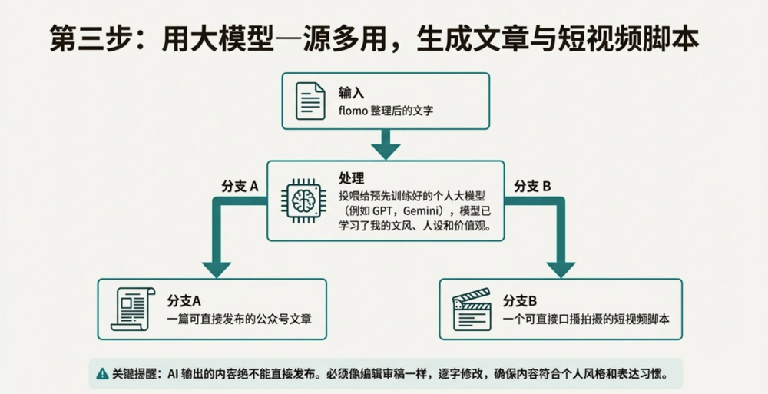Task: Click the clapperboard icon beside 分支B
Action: coord(472,309)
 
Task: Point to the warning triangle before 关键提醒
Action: coord(102,374)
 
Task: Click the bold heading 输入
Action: coord(351,93)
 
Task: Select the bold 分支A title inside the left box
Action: coord(184,300)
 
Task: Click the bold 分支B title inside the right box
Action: coord(520,300)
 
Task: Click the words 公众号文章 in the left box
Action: coord(284,318)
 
